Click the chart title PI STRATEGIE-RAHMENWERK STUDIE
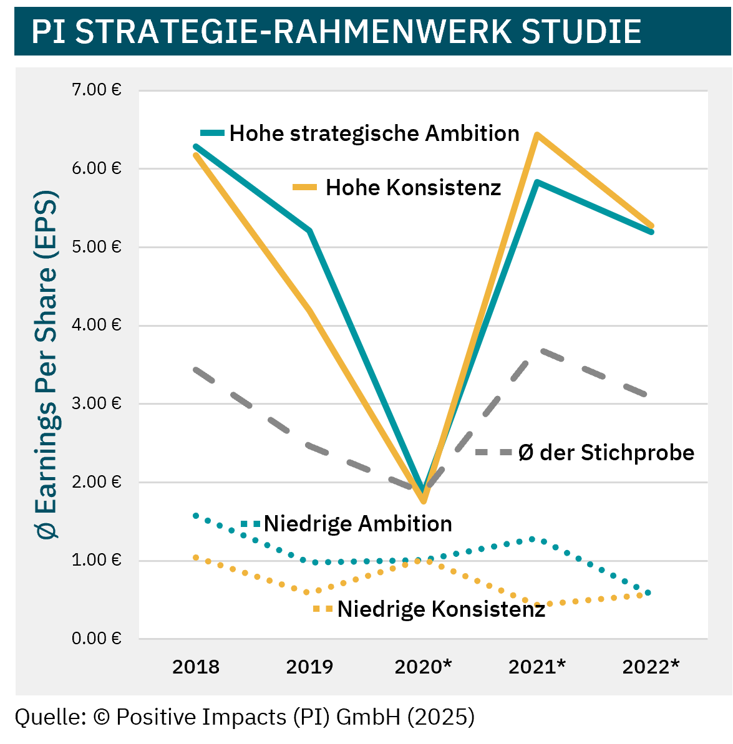pyautogui.click(x=336, y=31)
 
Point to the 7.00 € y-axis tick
pyautogui.click(x=96, y=90)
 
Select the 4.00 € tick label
pyautogui.click(x=96, y=326)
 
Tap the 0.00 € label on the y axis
pyautogui.click(x=96, y=639)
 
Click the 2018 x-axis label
pyautogui.click(x=196, y=667)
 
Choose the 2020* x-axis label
pyautogui.click(x=424, y=667)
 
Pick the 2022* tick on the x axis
pyautogui.click(x=651, y=667)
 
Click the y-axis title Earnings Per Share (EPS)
pyautogui.click(x=47, y=365)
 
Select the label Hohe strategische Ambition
pyautogui.click(x=374, y=133)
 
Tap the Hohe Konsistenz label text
pyautogui.click(x=413, y=188)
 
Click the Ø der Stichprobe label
pyautogui.click(x=606, y=452)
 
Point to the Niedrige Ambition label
pyautogui.click(x=357, y=524)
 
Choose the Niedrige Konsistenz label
pyautogui.click(x=441, y=609)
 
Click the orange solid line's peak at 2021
pyautogui.click(x=536, y=135)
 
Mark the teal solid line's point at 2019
pyautogui.click(x=309, y=231)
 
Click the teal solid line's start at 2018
pyautogui.click(x=196, y=147)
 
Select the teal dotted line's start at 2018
pyautogui.click(x=196, y=516)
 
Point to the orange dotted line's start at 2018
pyautogui.click(x=196, y=558)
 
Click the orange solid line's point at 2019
pyautogui.click(x=309, y=309)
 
